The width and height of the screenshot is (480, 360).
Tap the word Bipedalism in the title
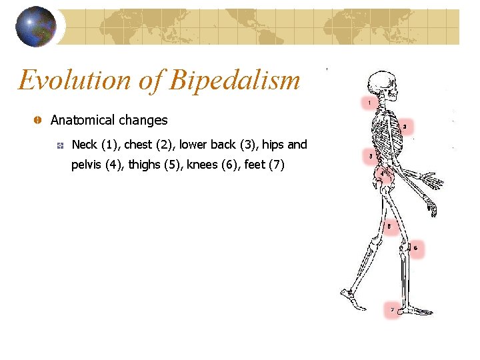coord(235,80)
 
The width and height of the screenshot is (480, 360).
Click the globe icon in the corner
coord(35,27)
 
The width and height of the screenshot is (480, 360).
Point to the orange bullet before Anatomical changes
coord(38,120)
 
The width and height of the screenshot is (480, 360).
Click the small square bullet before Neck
coord(60,145)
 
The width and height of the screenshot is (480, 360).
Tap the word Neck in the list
coord(85,145)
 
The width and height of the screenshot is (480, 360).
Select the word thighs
coord(144,165)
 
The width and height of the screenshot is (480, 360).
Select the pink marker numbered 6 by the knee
coord(415,249)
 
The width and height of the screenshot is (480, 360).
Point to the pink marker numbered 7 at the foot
coord(392,309)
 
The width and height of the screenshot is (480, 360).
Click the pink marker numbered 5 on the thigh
coord(389,227)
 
